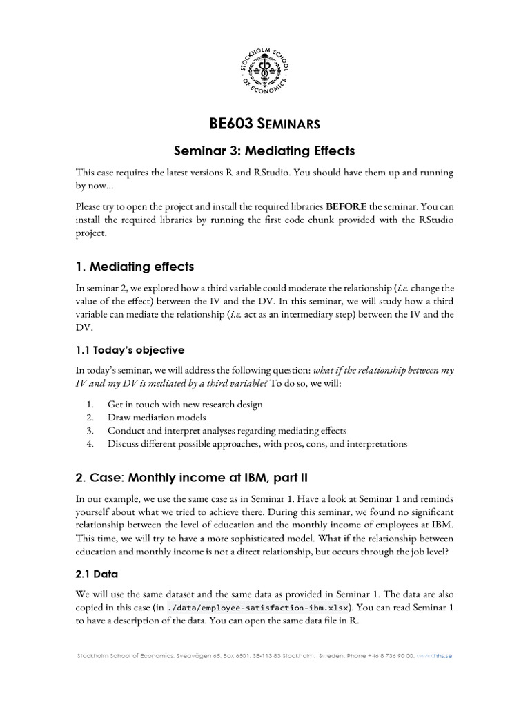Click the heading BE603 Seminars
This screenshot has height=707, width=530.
(x=265, y=124)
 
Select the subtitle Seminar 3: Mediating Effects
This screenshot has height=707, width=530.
(x=265, y=151)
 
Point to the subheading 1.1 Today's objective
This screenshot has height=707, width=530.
(x=130, y=349)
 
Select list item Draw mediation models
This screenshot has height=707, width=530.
(x=157, y=417)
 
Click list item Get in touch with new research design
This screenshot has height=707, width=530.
(x=185, y=404)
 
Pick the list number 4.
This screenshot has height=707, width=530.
(x=90, y=443)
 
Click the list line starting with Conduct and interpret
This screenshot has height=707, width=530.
(x=227, y=430)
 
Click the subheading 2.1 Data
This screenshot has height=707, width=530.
(x=97, y=573)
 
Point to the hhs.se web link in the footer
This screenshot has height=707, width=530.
(x=435, y=655)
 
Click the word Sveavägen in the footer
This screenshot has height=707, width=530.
(x=195, y=655)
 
